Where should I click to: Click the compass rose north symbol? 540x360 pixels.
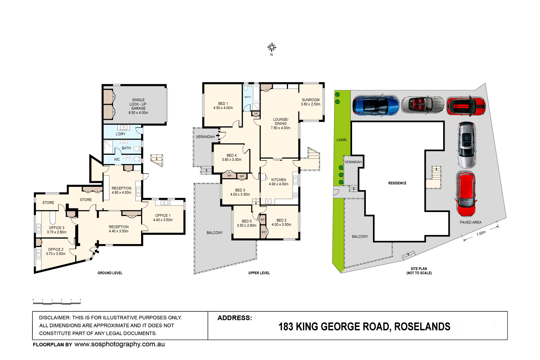(x=272, y=48)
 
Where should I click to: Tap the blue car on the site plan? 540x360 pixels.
(x=376, y=105)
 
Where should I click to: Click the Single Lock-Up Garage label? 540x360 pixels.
(x=138, y=106)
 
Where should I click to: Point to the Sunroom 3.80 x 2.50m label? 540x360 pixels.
(x=310, y=102)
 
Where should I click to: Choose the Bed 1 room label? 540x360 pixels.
(x=223, y=105)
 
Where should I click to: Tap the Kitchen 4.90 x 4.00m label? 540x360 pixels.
(x=279, y=182)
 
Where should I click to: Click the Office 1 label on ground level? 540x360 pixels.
(x=163, y=217)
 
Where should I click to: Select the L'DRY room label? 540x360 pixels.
(x=121, y=134)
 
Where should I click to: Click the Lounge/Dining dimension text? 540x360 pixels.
(x=280, y=128)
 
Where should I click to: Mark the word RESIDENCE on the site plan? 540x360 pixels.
(x=397, y=183)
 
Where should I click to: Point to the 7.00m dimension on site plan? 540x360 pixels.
(x=481, y=233)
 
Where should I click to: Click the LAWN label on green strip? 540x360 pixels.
(x=341, y=140)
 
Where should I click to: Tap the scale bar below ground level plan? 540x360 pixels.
(x=57, y=302)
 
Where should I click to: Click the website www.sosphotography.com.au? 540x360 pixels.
(x=120, y=344)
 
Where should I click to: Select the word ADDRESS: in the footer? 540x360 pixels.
(x=235, y=318)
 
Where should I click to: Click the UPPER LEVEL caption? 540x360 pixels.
(x=259, y=273)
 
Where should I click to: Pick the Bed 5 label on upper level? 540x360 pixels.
(x=247, y=223)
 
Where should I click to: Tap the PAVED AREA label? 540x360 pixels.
(x=471, y=222)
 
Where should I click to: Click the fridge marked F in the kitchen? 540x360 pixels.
(x=268, y=201)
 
